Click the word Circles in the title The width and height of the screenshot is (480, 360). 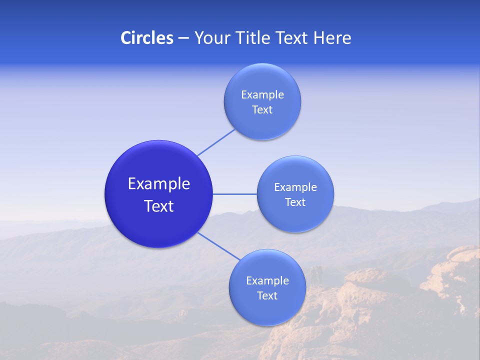146,38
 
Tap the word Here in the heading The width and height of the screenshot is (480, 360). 332,38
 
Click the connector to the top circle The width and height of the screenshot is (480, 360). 216,142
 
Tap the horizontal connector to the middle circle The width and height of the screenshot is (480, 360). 234,194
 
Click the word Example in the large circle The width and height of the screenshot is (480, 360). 159,184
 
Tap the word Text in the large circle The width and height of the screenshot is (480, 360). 159,206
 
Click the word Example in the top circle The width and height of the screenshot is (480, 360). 262,95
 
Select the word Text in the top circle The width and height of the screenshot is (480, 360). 262,110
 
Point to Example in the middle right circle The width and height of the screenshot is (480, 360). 295,187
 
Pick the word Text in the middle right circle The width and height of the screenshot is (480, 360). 295,202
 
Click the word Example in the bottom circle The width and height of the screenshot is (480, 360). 267,281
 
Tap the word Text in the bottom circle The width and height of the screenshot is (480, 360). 267,296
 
